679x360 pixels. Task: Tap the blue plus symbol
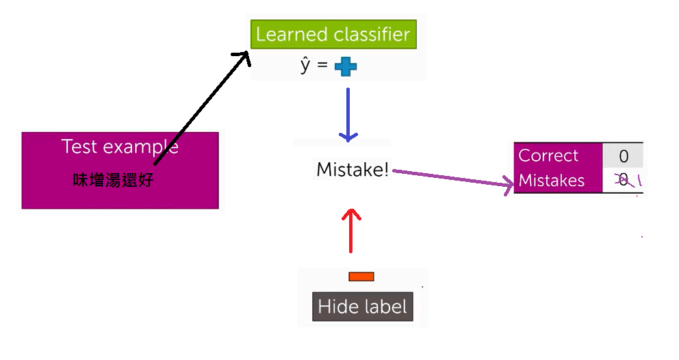pos(346,66)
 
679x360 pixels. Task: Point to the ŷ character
pos(305,66)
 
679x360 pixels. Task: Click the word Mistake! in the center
pos(352,170)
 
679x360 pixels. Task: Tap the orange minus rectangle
pos(361,277)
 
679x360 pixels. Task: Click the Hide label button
pos(362,307)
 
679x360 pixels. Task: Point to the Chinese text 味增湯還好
pos(114,181)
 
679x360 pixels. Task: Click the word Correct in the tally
pos(548,155)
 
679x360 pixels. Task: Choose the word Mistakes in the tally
pos(552,181)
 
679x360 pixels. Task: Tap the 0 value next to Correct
pos(623,156)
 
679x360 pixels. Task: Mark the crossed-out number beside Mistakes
pos(622,180)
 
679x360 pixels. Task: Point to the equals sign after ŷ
pos(322,66)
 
